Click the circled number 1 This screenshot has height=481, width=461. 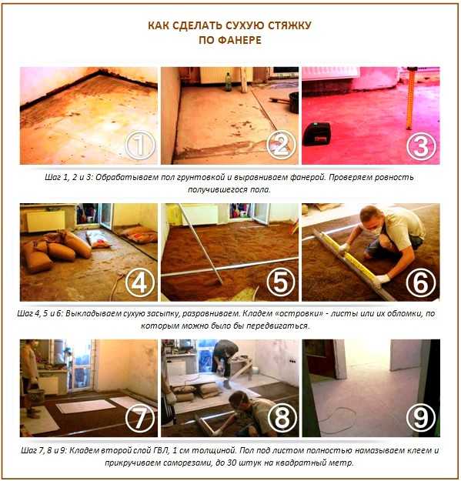140,145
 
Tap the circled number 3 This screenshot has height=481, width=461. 421,146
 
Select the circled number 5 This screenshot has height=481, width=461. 281,282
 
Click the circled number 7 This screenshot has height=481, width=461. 140,419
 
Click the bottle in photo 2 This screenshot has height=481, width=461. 229,82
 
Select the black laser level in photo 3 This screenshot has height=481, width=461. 317,133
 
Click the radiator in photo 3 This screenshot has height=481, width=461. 331,73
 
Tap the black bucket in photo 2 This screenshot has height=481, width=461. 294,102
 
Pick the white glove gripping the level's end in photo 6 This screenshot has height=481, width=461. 382,281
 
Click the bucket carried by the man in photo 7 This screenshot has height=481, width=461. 36,397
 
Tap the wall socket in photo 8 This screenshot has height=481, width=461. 292,361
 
